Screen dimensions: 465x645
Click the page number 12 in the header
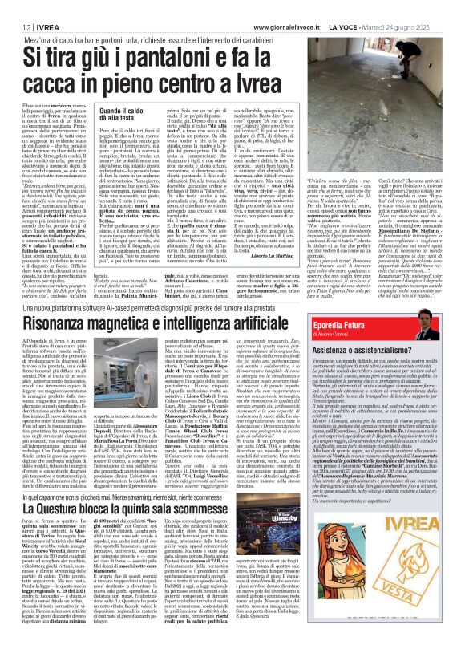coord(15,26)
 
